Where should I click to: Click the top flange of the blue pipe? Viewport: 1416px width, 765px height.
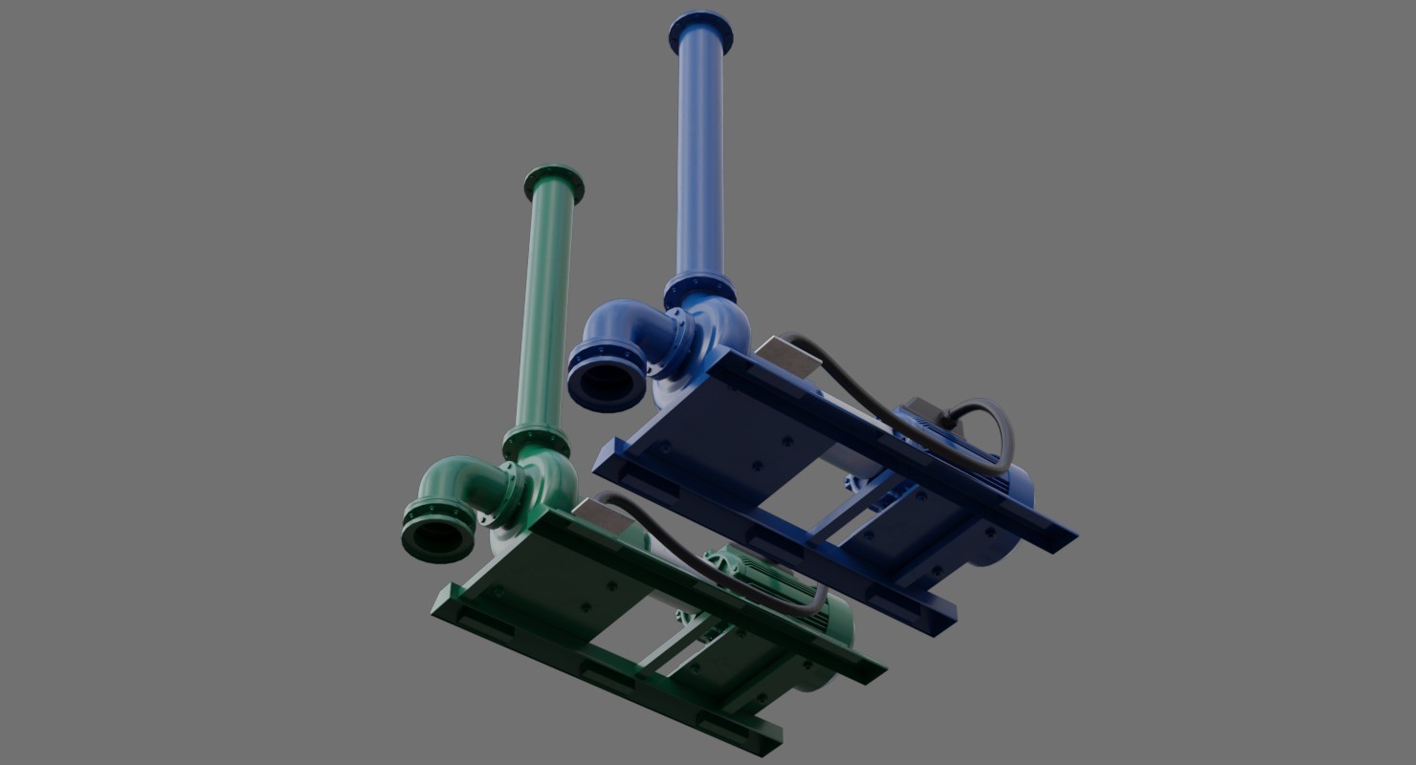pos(700,31)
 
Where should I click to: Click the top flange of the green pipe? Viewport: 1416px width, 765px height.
pos(554,184)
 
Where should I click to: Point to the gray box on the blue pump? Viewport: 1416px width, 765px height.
pos(788,357)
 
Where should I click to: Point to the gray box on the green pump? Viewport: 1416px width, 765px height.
pos(604,517)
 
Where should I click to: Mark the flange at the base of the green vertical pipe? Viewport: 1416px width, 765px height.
pos(536,442)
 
